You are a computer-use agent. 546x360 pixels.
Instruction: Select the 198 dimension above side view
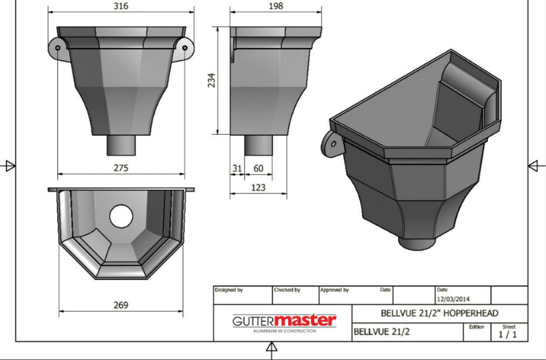click(x=276, y=7)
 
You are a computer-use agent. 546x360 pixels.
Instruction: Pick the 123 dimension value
click(x=257, y=186)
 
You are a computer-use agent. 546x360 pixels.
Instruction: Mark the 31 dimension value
click(x=237, y=167)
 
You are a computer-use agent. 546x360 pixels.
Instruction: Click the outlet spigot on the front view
click(x=121, y=146)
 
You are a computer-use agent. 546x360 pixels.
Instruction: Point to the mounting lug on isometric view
click(x=332, y=143)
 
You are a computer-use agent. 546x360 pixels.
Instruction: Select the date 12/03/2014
click(x=452, y=299)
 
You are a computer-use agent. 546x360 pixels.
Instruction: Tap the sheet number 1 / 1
click(x=508, y=335)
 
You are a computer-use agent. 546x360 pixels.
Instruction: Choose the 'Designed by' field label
click(x=229, y=290)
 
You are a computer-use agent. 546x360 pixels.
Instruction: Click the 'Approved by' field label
click(x=334, y=290)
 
